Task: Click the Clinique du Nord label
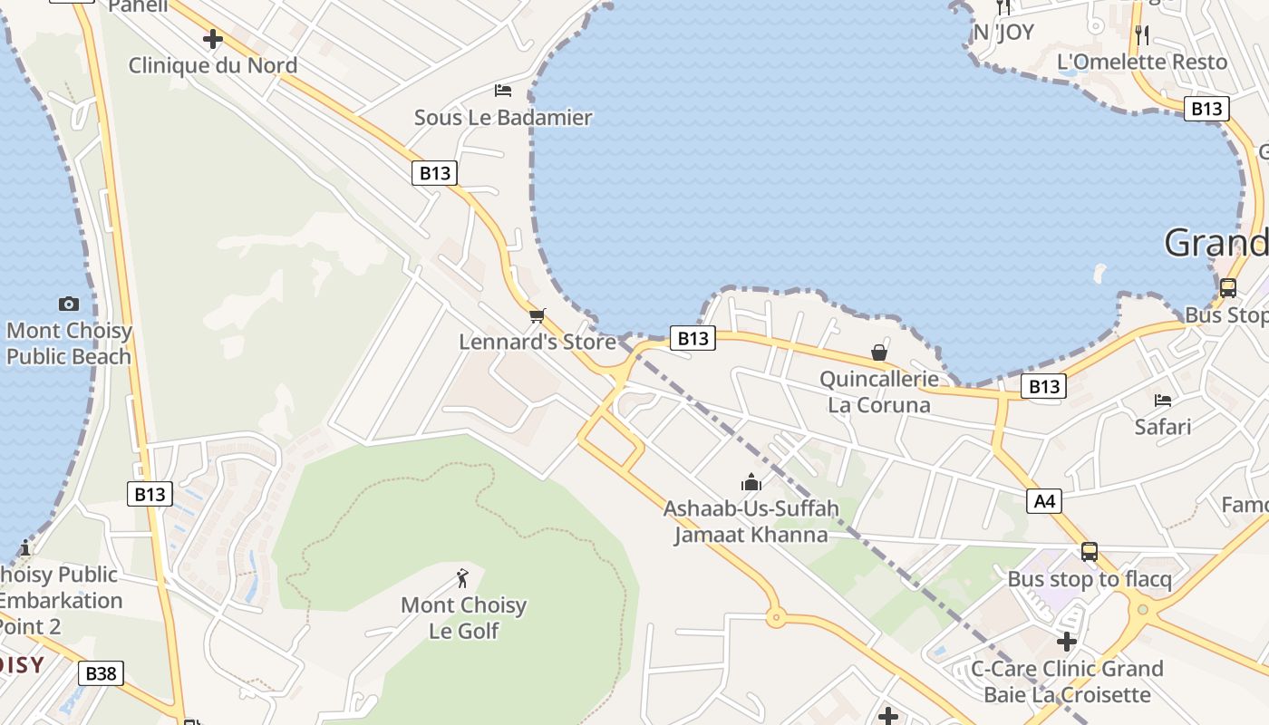coord(213,65)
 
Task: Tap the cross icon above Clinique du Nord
coord(213,39)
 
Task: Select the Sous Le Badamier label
coord(503,117)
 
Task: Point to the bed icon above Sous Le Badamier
coord(503,90)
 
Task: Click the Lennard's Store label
coord(538,342)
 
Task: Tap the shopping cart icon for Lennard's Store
coord(538,315)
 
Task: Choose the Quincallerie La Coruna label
coord(879,391)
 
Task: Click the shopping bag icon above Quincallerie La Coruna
coord(879,352)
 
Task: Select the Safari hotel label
coord(1163,426)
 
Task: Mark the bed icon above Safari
coord(1163,400)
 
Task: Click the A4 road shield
coord(1044,500)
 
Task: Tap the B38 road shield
coord(101,673)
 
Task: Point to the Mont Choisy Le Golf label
coord(463,617)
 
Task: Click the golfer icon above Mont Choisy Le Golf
coord(463,577)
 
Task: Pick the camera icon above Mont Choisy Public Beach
coord(68,304)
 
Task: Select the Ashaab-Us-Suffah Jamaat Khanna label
coord(751,521)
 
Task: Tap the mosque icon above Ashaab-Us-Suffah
coord(751,482)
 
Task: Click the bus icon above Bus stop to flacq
coord(1090,551)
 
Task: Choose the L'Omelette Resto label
coord(1142,62)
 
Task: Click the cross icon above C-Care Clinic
coord(1067,642)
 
